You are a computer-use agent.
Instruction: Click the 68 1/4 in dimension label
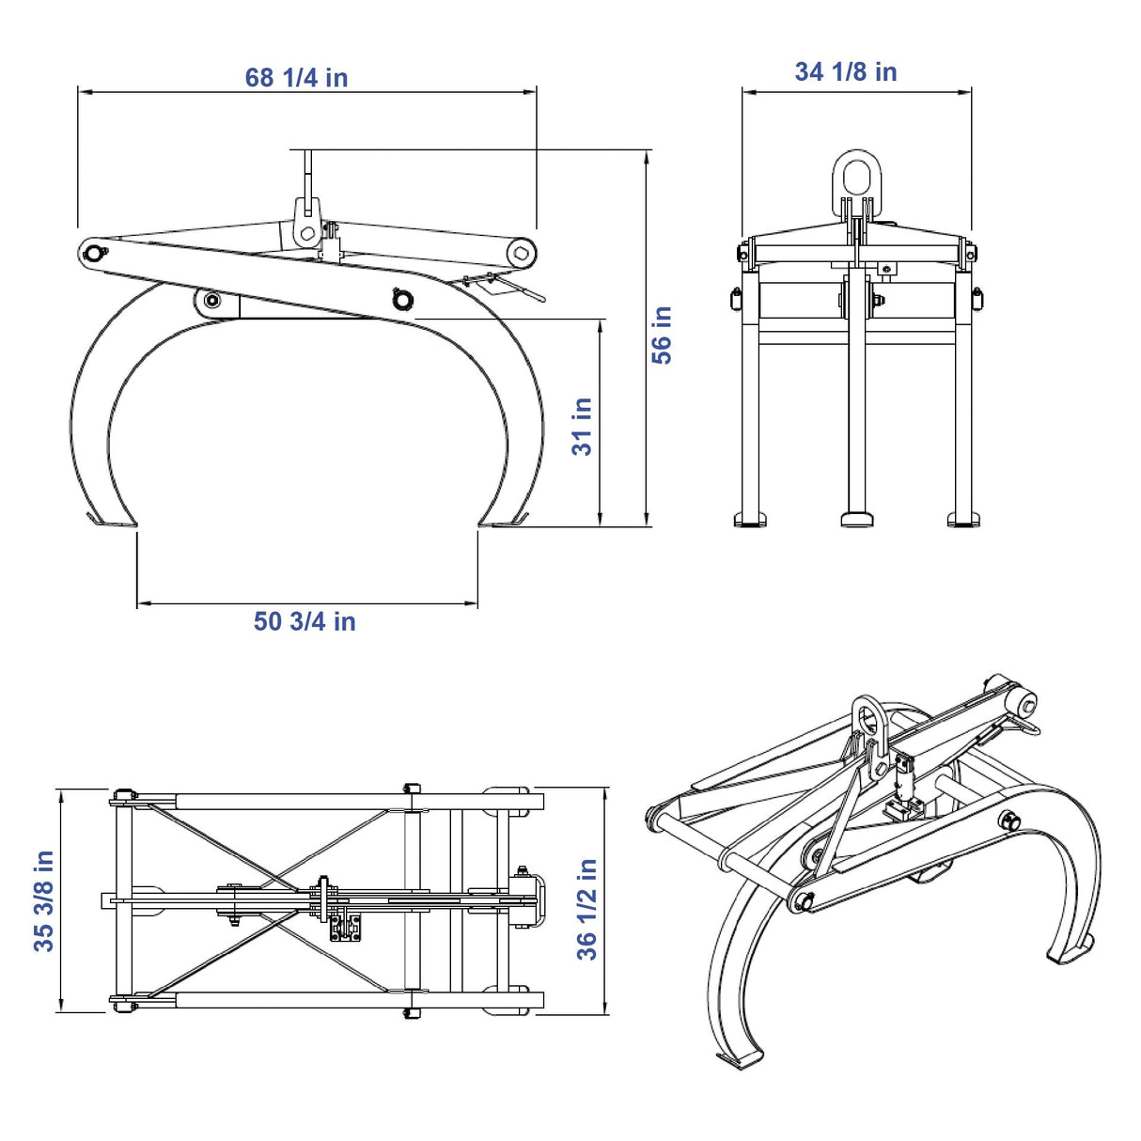296,78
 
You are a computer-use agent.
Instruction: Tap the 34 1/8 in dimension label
846,71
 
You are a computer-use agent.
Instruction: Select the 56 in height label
662,336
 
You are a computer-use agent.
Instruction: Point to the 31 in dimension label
582,427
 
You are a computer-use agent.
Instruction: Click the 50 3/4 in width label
305,621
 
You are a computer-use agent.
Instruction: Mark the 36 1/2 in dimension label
586,909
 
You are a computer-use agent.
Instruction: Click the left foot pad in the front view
751,520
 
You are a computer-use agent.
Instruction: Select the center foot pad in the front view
857,520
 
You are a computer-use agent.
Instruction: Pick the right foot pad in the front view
964,520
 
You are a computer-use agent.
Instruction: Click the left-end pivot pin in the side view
94,254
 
